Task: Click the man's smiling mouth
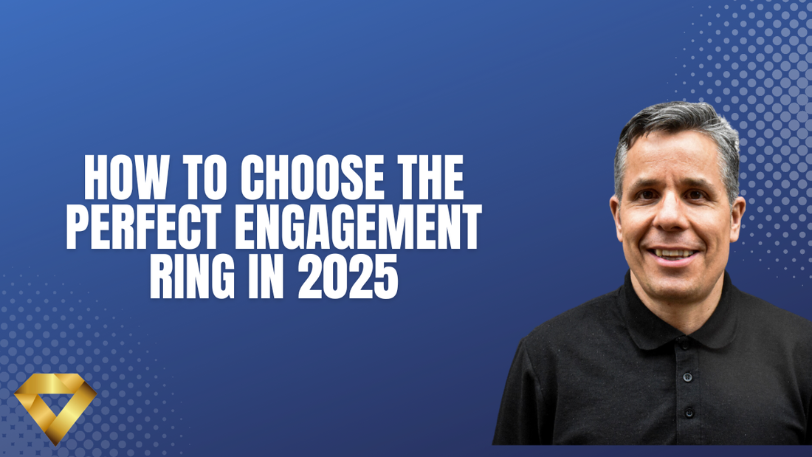pos(674,252)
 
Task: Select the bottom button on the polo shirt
pos(689,412)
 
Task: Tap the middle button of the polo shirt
pos(687,377)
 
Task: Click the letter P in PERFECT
pos(79,230)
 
